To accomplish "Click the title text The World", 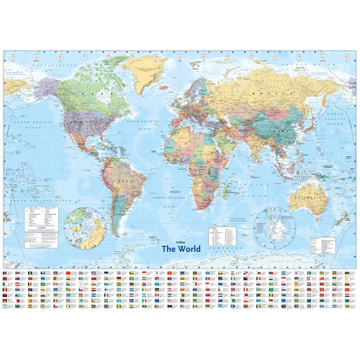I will click(x=181, y=249).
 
